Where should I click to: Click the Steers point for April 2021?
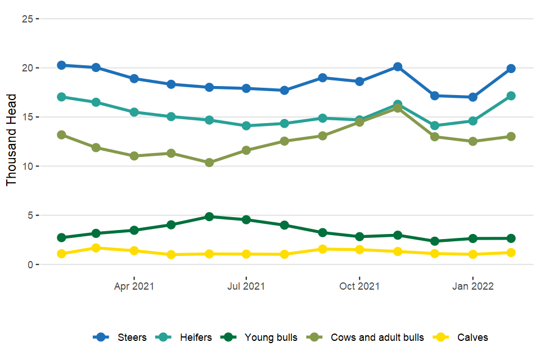coord(134,79)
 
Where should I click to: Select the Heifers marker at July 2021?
coord(246,126)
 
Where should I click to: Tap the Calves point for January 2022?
coord(472,254)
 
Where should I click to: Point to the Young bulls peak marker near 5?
coord(209,217)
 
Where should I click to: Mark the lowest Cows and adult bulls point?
coord(209,163)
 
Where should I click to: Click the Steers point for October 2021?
coord(359,82)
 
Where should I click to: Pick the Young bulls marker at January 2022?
coord(472,238)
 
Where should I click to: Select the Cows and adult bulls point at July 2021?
coord(246,150)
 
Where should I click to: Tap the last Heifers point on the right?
coord(511,96)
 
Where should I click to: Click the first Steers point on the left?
coord(61,65)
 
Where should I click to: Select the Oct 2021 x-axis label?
coord(359,286)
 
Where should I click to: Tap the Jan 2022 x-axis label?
coord(472,286)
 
